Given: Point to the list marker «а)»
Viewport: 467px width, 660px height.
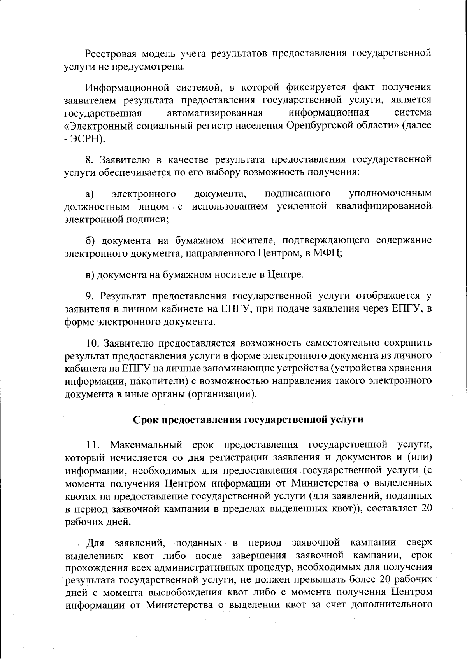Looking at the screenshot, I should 90,194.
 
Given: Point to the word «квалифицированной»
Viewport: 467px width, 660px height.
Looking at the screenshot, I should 383,206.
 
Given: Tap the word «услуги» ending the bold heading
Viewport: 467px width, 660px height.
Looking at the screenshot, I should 347,420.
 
